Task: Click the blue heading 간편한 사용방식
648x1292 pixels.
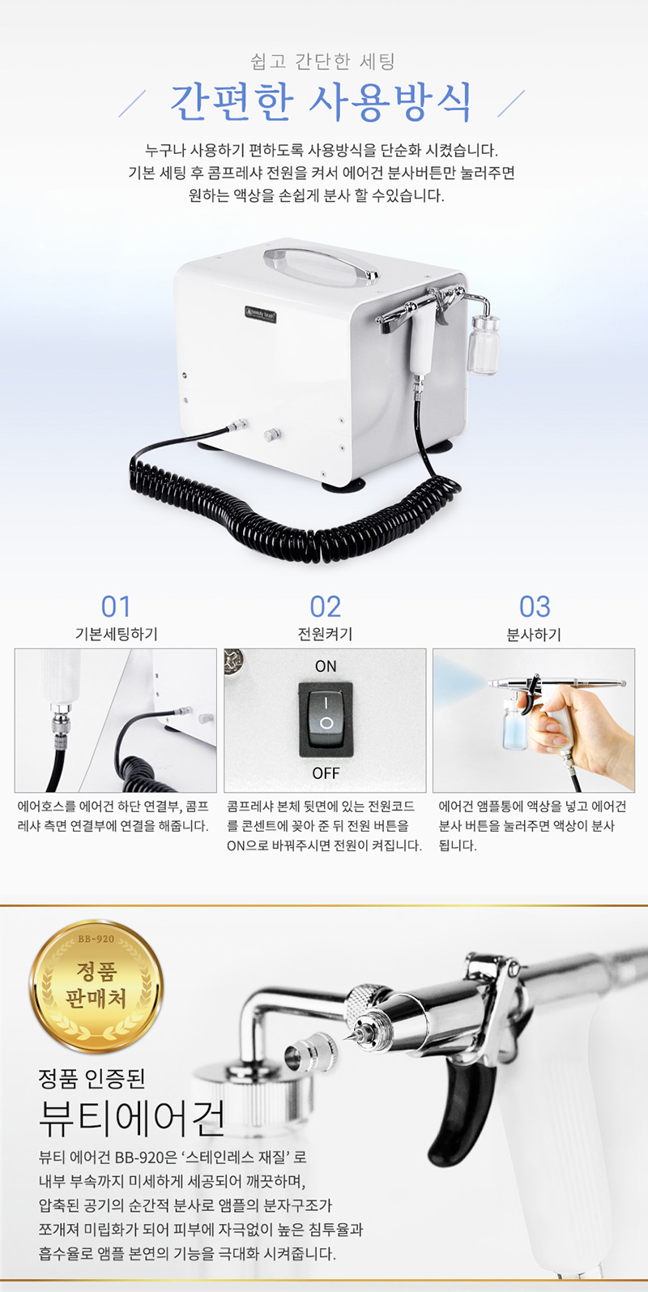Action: (x=322, y=103)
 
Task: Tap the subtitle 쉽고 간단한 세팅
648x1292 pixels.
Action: (x=323, y=61)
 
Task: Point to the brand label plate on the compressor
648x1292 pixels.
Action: (x=261, y=315)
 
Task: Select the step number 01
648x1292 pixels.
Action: (x=116, y=607)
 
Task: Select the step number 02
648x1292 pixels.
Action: (x=325, y=607)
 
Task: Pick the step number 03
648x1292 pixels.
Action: (x=535, y=607)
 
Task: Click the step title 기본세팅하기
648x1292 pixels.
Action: (x=116, y=635)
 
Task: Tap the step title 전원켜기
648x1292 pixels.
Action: (x=325, y=635)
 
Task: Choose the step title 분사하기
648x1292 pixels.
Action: (x=534, y=635)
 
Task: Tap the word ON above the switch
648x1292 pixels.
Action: (x=326, y=666)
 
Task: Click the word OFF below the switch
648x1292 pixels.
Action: (x=326, y=773)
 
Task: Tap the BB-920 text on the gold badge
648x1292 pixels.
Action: (x=96, y=939)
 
